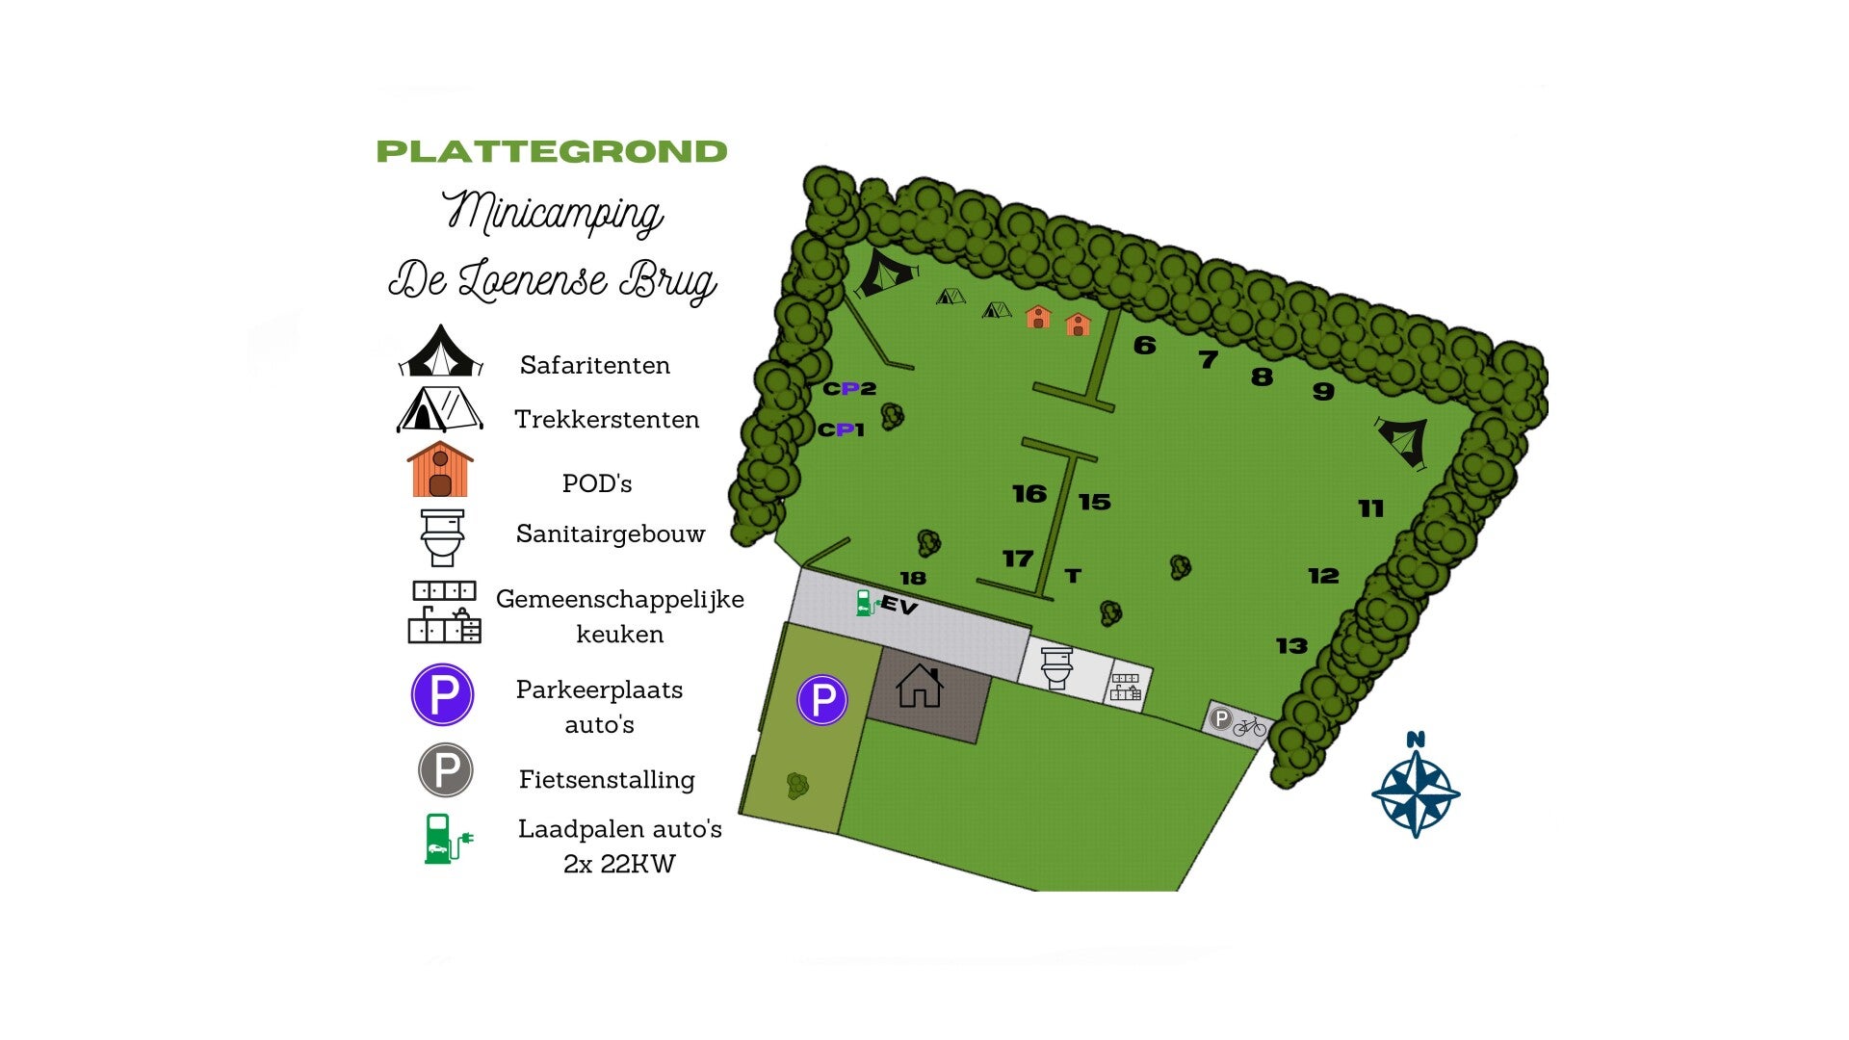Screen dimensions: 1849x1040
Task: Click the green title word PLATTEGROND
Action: [x=551, y=151]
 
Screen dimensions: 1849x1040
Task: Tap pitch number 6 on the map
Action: [x=1144, y=345]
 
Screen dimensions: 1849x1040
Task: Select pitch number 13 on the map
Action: [x=1291, y=645]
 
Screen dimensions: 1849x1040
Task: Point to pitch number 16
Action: [x=1029, y=494]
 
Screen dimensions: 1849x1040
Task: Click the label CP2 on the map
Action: [x=849, y=388]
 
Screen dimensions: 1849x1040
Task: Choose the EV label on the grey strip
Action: [x=898, y=605]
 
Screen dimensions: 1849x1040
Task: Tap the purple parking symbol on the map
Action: [x=821, y=699]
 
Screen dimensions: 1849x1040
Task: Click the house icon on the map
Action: [x=920, y=687]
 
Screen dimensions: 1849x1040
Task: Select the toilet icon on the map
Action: [x=1056, y=667]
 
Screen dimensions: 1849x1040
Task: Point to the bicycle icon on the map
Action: [x=1250, y=726]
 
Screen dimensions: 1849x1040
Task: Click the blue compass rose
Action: [x=1415, y=792]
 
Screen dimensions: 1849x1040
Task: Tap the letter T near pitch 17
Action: [x=1073, y=576]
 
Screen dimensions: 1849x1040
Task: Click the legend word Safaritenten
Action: [x=594, y=365]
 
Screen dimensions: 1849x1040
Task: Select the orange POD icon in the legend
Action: [x=440, y=469]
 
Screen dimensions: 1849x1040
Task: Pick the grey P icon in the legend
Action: [x=445, y=770]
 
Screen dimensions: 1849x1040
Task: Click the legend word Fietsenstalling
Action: [x=607, y=779]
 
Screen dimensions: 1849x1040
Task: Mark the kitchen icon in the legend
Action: [x=444, y=611]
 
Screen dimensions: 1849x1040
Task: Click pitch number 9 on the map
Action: [x=1323, y=391]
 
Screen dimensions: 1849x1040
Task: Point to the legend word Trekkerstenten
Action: [x=607, y=419]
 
